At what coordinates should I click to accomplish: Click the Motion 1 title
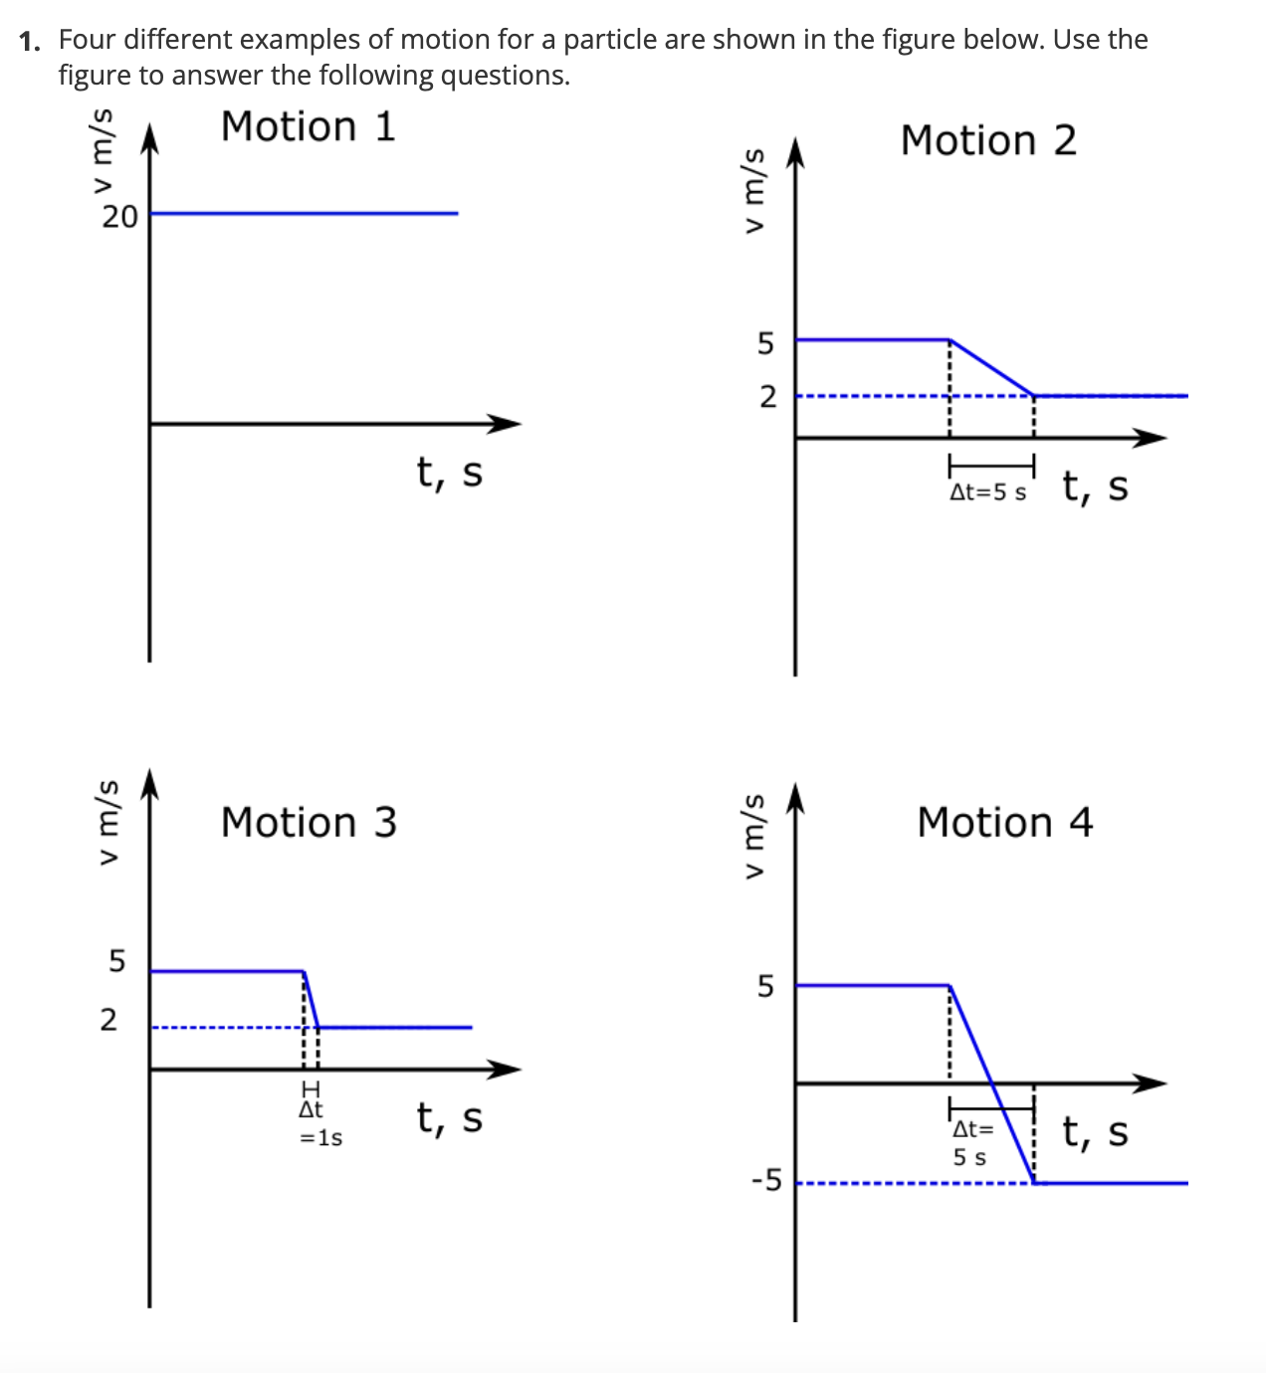(308, 127)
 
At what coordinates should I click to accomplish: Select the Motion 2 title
(988, 141)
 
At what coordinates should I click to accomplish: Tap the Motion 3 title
(309, 823)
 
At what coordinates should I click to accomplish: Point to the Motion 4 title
(1004, 823)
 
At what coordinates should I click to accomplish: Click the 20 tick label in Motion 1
(119, 217)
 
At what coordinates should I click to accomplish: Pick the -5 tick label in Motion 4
(767, 1181)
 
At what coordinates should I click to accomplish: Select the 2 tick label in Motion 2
(766, 397)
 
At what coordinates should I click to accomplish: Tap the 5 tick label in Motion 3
(117, 961)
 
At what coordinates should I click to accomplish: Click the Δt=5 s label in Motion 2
(987, 492)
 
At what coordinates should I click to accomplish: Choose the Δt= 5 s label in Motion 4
(971, 1143)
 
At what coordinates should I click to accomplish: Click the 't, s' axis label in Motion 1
(450, 473)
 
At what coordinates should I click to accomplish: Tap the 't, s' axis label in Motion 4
(1095, 1132)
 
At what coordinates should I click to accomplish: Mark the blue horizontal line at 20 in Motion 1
(304, 213)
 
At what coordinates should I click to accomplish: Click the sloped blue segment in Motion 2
(991, 367)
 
